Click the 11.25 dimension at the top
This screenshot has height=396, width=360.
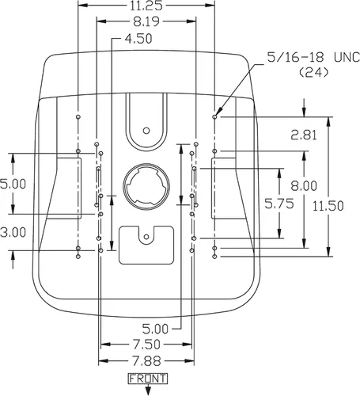point(146,6)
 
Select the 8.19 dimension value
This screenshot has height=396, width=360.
point(146,21)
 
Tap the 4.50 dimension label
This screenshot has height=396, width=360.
point(138,39)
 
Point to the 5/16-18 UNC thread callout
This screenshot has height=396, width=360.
point(313,57)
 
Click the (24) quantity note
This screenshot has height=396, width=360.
point(314,72)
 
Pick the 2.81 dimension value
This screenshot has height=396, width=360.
point(304,135)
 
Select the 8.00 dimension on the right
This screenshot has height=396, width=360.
point(304,186)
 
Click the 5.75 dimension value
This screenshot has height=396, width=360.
point(279,204)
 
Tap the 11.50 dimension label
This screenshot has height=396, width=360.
point(328,206)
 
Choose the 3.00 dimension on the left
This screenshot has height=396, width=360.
point(13,233)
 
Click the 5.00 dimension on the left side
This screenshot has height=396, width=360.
point(13,184)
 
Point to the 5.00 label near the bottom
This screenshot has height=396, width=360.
point(155,329)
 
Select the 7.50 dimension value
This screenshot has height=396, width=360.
point(146,345)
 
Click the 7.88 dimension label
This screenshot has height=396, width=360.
point(146,361)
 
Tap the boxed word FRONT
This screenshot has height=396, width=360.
point(148,379)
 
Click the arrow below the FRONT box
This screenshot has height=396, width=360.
point(148,390)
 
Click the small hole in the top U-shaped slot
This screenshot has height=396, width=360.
point(146,131)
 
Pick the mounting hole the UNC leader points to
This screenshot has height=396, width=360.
point(214,116)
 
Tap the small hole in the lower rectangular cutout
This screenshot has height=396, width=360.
point(146,237)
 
